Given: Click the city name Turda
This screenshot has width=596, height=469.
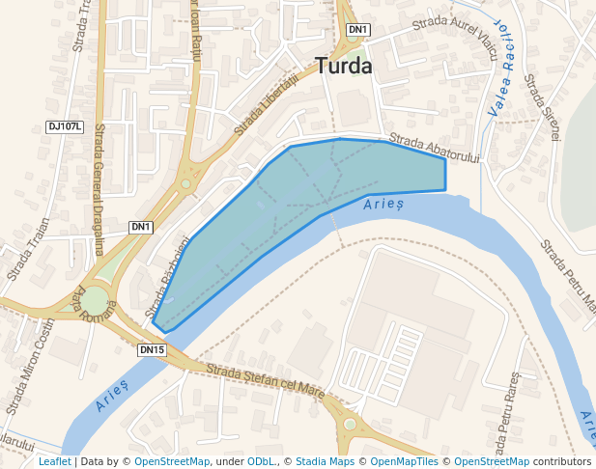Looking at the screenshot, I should pos(344,66).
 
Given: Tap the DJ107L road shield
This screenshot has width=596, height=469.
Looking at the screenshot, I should pos(65,126).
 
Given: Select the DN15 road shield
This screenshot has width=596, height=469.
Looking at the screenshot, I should pos(152,349).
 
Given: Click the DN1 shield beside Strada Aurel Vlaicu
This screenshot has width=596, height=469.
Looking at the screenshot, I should pos(358,30).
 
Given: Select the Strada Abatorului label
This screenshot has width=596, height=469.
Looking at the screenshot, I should pos(435,149).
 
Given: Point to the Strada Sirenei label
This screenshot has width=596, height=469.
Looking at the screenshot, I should pos(541,111).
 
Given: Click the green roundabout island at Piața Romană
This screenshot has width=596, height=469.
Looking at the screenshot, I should pos(95,302).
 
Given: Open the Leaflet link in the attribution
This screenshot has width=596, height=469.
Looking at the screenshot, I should pos(54,461).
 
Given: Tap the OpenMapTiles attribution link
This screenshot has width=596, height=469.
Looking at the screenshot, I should pos(405,461).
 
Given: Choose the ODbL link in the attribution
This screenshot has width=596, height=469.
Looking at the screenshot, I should pos(261,461).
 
